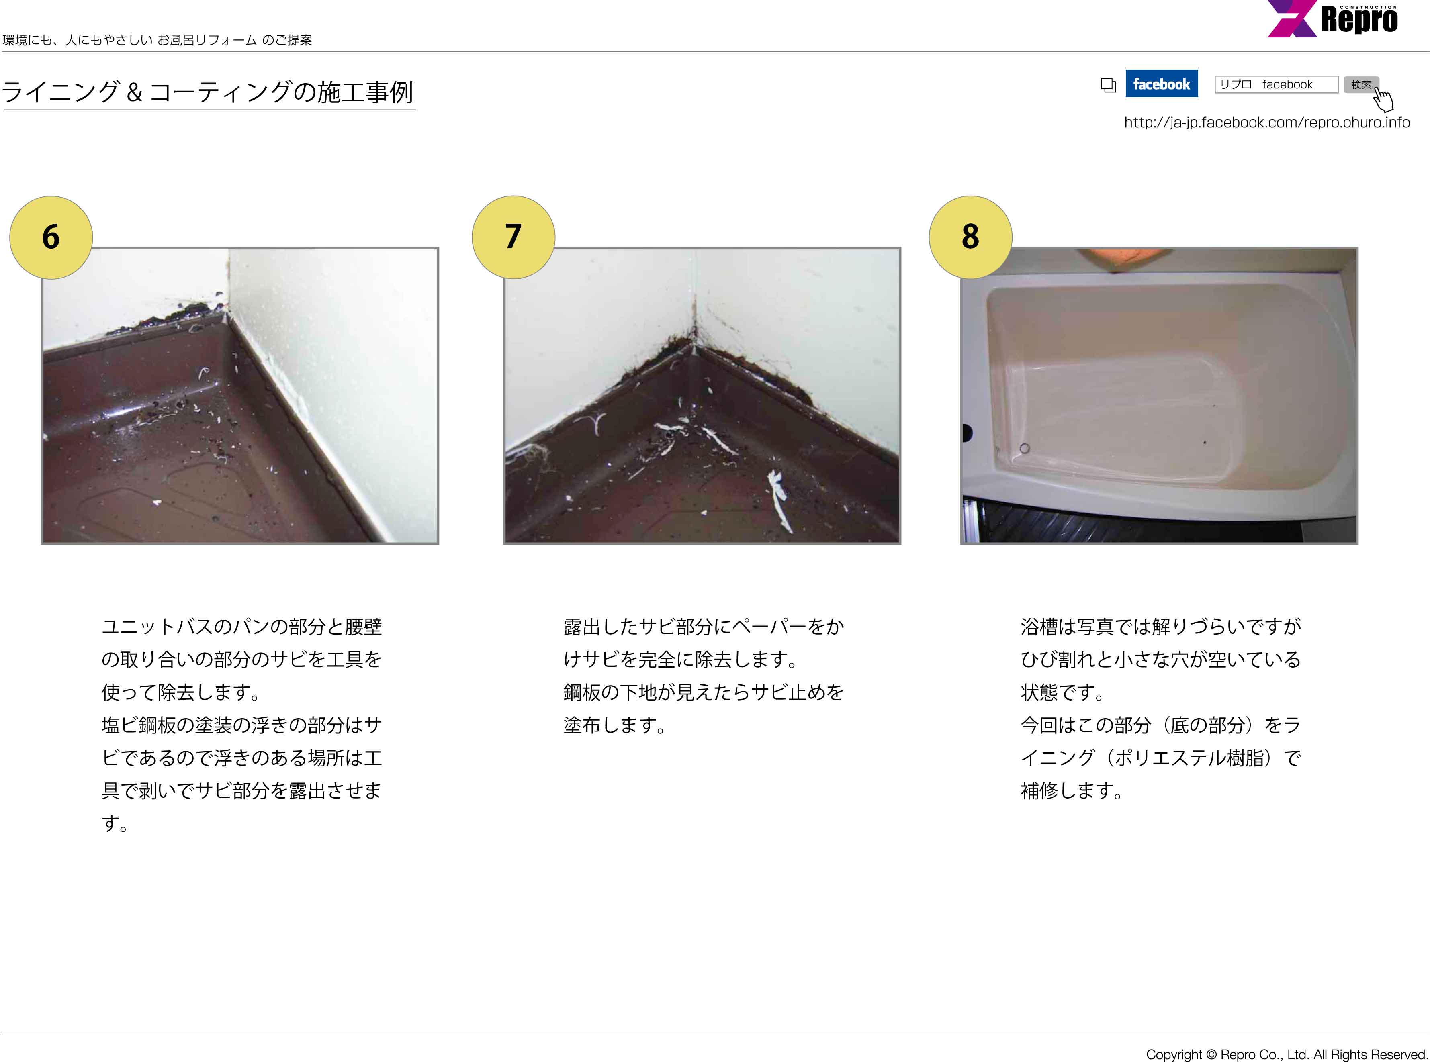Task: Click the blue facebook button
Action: [x=1161, y=84]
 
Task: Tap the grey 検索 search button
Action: [x=1360, y=84]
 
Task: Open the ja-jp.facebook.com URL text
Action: [x=1267, y=122]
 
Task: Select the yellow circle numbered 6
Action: [x=51, y=237]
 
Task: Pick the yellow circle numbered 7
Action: [x=513, y=237]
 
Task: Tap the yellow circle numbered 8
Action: [x=970, y=237]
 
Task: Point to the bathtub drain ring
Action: [x=1024, y=448]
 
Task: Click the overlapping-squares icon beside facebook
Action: [x=1108, y=85]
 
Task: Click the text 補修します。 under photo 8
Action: [x=1072, y=791]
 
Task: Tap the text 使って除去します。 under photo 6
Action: [x=181, y=692]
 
